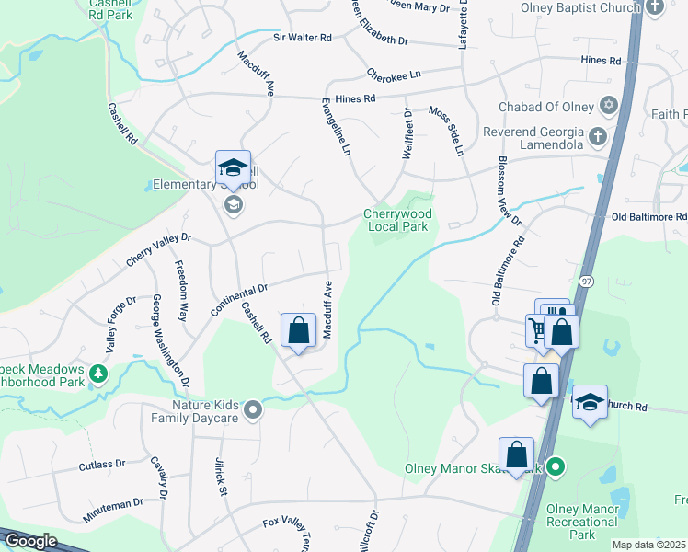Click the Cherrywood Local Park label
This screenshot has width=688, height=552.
pos(398,220)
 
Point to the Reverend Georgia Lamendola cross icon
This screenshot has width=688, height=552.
pos(597,137)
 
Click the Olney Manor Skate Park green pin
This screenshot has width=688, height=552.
pos(554,468)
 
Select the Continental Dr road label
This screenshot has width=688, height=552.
pos(238,300)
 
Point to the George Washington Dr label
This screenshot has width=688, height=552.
pos(170,340)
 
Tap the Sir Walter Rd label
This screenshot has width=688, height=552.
pos(302,38)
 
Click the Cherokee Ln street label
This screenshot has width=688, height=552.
pos(393,74)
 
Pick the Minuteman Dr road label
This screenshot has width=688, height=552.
pos(112,511)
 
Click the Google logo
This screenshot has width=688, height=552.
pos(29,541)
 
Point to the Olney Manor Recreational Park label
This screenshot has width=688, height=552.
pos(582,522)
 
